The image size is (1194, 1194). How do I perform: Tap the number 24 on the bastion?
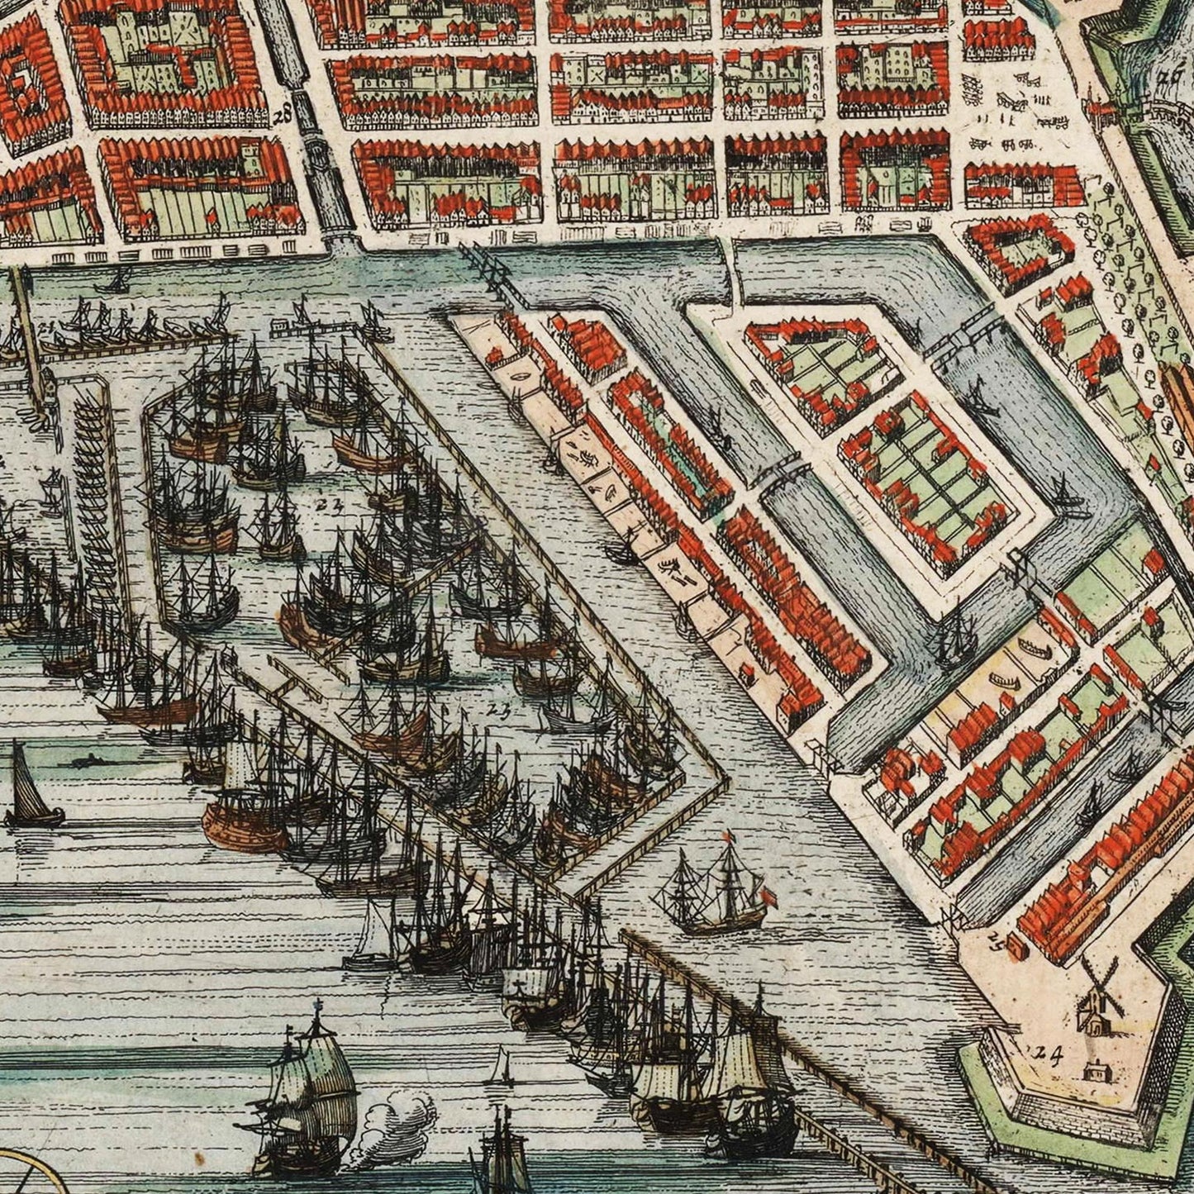1046,1052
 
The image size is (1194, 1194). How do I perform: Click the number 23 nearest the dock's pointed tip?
498,708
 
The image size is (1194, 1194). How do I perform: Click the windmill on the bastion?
1096,996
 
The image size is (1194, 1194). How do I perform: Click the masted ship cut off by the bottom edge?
502,1157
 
